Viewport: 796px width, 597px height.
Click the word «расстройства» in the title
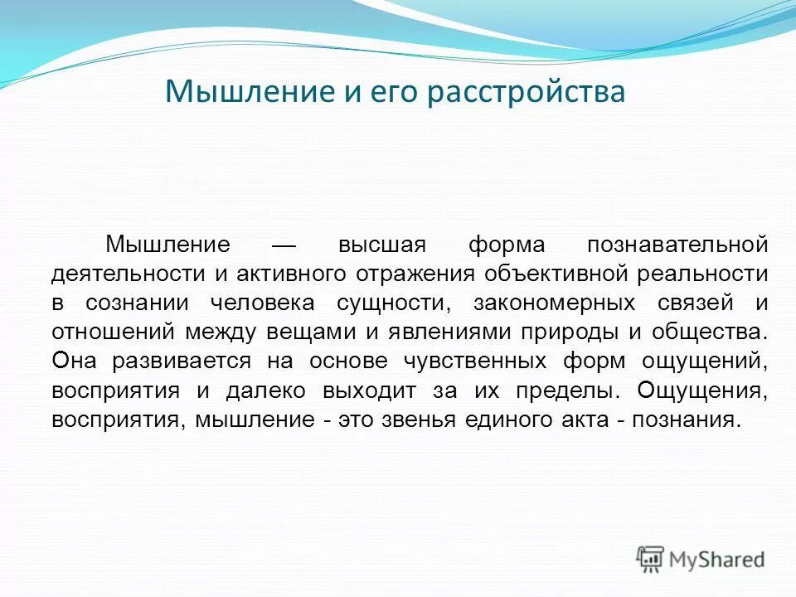(x=527, y=92)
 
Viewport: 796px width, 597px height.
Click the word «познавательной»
(x=677, y=245)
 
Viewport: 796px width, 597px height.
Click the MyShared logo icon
(x=651, y=560)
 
